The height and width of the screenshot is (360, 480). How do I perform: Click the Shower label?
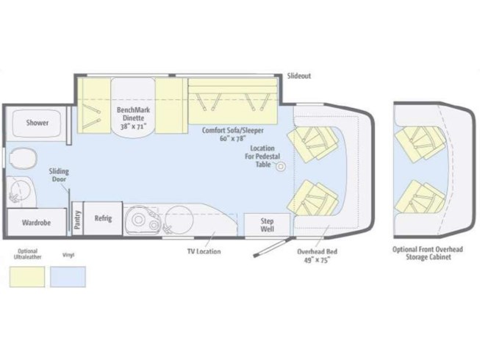point(37,123)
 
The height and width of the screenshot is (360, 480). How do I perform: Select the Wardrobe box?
point(37,222)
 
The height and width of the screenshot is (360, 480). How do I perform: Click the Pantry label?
point(77,220)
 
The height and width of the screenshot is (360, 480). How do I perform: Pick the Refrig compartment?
point(103,218)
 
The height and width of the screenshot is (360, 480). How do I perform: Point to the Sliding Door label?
point(59,175)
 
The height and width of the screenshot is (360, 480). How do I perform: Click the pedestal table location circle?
point(281,167)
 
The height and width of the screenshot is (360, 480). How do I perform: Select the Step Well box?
point(267,225)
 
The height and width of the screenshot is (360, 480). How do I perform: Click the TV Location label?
point(204,251)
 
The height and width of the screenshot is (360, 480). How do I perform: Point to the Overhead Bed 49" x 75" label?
point(317,256)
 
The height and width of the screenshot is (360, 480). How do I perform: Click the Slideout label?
point(298,76)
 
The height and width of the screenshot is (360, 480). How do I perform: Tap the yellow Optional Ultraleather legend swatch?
point(27,277)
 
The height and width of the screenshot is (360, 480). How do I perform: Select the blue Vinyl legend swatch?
point(68,277)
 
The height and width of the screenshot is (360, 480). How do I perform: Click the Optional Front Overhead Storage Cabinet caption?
point(428,253)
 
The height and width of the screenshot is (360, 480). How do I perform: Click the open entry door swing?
point(271,247)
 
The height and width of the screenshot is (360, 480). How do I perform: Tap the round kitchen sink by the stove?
point(179,220)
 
